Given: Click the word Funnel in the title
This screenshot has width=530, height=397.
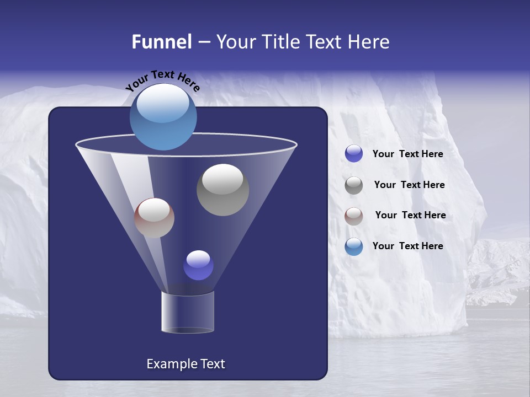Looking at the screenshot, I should coord(162,42).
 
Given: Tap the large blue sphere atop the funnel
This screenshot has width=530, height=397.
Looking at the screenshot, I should coord(163,117).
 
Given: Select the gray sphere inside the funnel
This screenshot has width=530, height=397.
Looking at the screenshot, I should coord(222,190).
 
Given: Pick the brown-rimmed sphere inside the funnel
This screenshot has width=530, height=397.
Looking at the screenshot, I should coord(154,218).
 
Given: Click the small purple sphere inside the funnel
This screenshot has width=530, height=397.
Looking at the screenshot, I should coord(198,265).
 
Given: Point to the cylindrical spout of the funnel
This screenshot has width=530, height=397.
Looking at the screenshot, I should coord(188,312).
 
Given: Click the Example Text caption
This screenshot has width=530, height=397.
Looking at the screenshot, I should coord(185,364).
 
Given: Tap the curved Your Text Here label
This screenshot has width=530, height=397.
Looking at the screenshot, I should coord(162,79).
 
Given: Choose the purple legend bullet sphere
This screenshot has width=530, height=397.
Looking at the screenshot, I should coord(354,154).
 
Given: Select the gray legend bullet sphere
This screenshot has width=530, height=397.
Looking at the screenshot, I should coord(354,185).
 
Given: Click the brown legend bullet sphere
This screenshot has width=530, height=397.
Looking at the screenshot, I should coord(354,216).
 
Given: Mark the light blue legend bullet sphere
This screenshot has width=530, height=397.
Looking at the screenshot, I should coord(354,246).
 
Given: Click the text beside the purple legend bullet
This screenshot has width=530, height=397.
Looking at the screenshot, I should coord(407,154).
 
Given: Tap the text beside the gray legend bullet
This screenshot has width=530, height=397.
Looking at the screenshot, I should coord(409,185).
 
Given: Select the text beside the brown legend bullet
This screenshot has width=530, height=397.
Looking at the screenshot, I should coord(410,215).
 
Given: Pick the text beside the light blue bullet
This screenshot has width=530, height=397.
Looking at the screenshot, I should coord(407,246).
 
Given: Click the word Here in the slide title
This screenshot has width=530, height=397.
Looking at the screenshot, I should coord(370,42).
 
